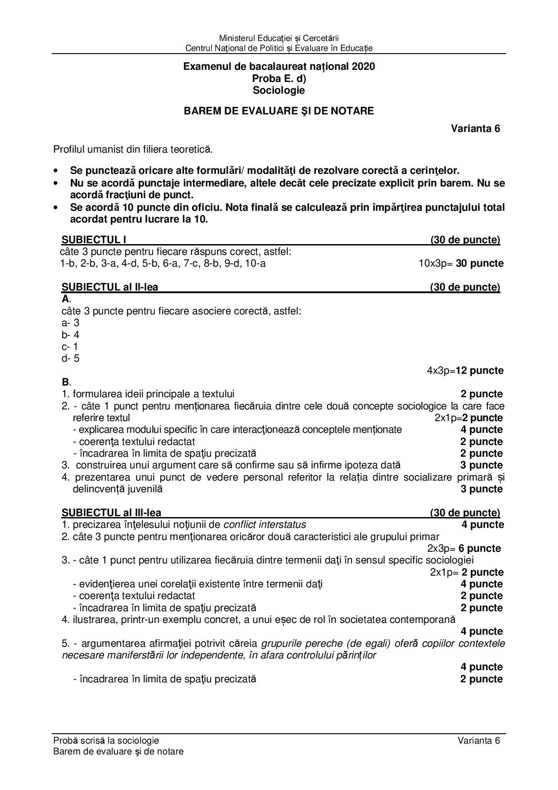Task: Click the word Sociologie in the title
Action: [x=279, y=91]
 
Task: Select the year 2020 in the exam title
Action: [x=363, y=67]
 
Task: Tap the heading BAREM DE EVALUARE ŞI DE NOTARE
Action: [x=279, y=111]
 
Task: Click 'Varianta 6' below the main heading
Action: [x=476, y=128]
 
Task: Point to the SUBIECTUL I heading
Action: [x=94, y=240]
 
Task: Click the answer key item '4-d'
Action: [x=131, y=263]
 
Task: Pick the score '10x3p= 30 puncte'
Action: [x=461, y=263]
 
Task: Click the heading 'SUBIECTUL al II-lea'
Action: [x=110, y=287]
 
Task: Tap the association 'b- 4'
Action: [x=70, y=335]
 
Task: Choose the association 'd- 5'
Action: [x=70, y=359]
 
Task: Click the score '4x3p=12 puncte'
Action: [x=465, y=371]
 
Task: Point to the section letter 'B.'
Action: [x=66, y=382]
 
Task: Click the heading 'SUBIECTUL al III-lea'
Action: [x=111, y=513]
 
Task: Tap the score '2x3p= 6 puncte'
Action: [x=464, y=549]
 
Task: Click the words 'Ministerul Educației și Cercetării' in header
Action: [x=279, y=38]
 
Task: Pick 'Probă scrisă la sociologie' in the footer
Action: [x=106, y=740]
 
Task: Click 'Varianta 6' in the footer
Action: [x=479, y=740]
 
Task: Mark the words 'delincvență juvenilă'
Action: [x=117, y=489]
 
